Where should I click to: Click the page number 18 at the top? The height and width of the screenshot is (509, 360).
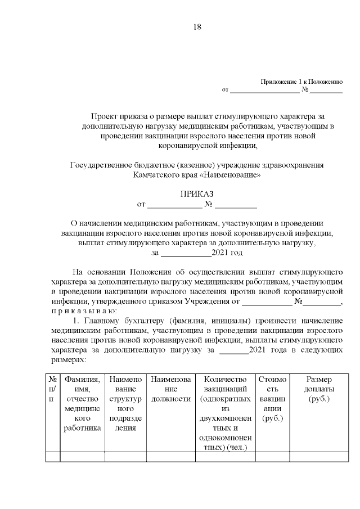tap(197, 26)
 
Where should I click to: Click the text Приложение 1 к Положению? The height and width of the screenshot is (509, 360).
tap(301, 82)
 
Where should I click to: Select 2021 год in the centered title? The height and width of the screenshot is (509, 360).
tap(227, 253)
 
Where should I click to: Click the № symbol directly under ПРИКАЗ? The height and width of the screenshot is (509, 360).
tap(208, 204)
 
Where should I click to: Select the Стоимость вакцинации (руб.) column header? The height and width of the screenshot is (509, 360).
tap(272, 399)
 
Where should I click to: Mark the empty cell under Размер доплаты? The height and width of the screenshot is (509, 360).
tap(318, 456)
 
